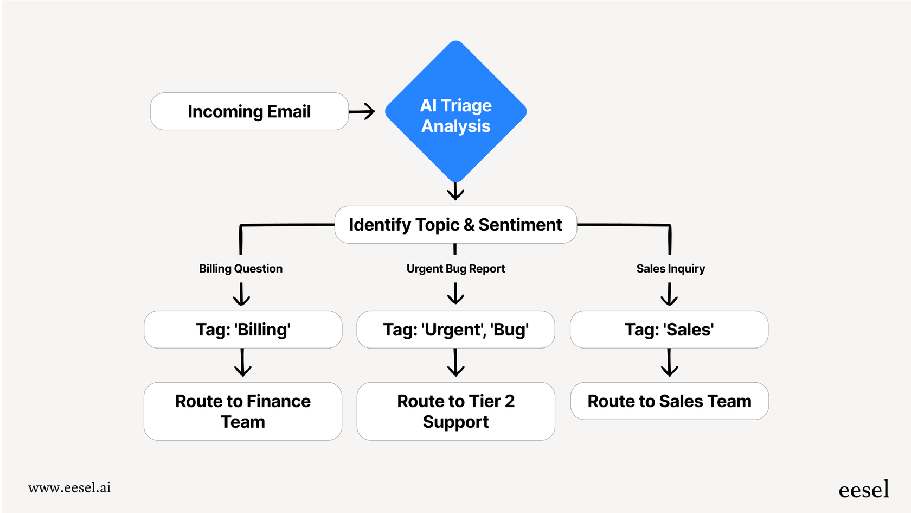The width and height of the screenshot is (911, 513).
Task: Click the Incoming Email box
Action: [x=249, y=111]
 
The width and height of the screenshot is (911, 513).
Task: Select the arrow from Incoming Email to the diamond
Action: [x=362, y=112]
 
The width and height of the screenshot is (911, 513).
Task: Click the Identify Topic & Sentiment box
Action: [x=455, y=225]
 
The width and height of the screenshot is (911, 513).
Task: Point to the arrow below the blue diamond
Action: [x=455, y=191]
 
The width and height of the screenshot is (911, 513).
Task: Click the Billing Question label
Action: [x=241, y=269]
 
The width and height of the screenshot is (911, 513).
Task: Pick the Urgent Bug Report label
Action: [x=455, y=269]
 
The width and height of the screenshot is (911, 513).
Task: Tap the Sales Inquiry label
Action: [x=670, y=269]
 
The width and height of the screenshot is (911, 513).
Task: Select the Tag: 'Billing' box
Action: [x=243, y=330]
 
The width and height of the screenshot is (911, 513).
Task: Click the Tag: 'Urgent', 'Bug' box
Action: [x=455, y=330]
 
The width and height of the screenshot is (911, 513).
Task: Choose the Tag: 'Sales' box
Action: [x=669, y=330]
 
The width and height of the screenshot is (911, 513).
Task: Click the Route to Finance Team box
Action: [x=243, y=411]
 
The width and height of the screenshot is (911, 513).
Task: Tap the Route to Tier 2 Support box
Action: [x=455, y=411]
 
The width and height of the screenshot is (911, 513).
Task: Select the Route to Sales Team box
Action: [x=669, y=401]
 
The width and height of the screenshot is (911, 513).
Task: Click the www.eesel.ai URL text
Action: [x=69, y=487]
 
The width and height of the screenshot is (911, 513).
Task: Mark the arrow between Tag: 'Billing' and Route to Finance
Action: [x=242, y=363]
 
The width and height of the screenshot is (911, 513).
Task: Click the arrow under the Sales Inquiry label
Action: [x=669, y=295]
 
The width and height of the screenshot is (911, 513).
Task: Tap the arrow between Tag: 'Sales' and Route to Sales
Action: [x=669, y=363]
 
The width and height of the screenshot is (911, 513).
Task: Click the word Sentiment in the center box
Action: [x=520, y=225]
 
